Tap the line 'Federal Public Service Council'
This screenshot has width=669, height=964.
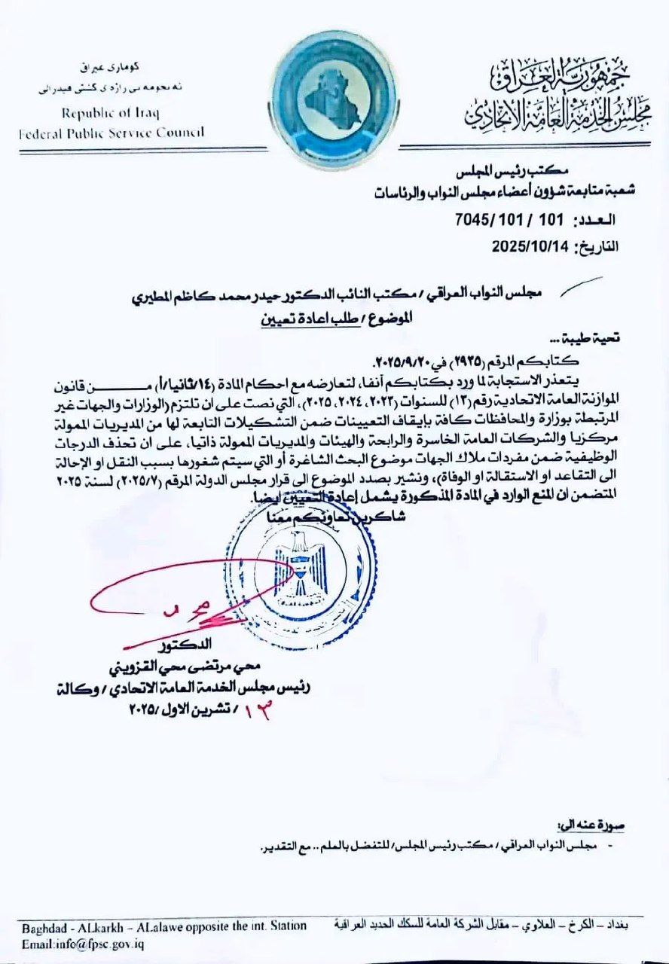point(111,133)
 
